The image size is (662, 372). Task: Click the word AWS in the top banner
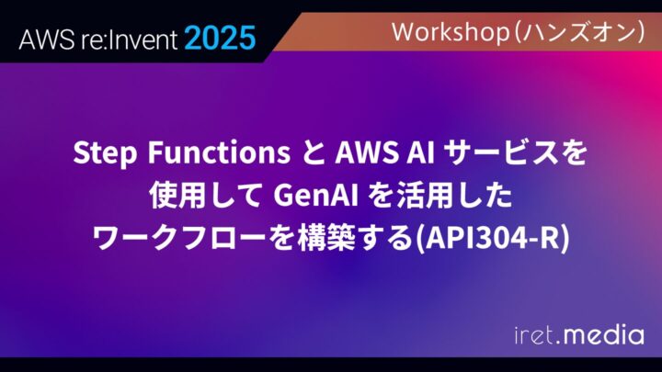click(41, 39)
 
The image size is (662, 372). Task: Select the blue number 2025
click(219, 39)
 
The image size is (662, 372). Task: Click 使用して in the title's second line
click(196, 194)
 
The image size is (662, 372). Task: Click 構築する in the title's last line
click(339, 237)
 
